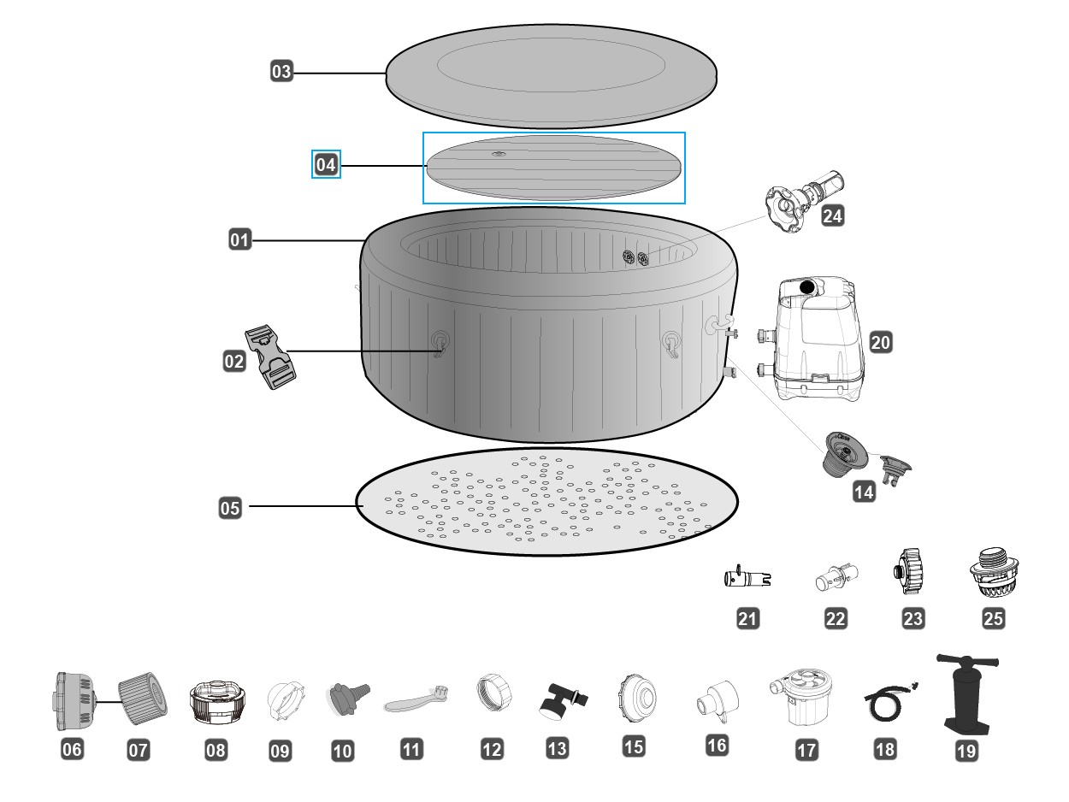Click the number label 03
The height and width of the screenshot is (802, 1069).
pyautogui.click(x=281, y=72)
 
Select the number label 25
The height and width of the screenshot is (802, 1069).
pyautogui.click(x=993, y=619)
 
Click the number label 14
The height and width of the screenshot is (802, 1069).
pyautogui.click(x=863, y=492)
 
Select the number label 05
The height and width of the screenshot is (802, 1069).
pyautogui.click(x=230, y=508)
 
